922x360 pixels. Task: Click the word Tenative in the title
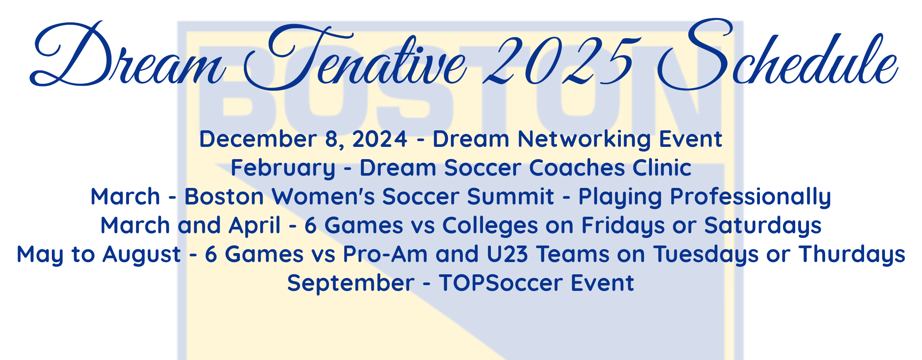[355, 58]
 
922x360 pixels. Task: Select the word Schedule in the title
[778, 54]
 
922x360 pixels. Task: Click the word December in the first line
[258, 139]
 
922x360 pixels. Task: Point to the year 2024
[380, 139]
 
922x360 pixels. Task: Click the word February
[283, 168]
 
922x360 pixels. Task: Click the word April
[255, 226]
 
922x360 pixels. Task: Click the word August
[142, 255]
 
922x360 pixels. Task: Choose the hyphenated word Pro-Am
[385, 254]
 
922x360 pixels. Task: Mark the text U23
[507, 254]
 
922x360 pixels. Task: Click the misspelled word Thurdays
[852, 255]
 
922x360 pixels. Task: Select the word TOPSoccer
[501, 283]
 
